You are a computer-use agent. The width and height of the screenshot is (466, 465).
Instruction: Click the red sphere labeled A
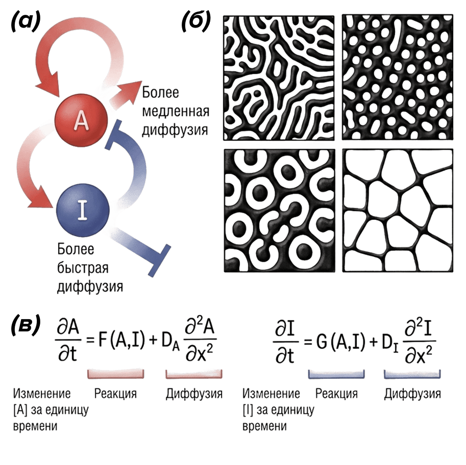click(x=82, y=120)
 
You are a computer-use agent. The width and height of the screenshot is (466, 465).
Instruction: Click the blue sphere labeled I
click(x=83, y=210)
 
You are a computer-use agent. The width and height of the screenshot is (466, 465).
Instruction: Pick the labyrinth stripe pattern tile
click(x=279, y=76)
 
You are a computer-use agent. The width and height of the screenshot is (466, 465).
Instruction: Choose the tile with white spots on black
click(x=397, y=76)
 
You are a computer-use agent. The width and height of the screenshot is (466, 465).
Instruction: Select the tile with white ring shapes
click(x=279, y=210)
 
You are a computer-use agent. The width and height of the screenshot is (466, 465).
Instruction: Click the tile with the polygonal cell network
click(x=397, y=210)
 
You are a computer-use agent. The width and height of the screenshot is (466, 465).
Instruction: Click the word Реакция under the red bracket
click(x=115, y=394)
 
